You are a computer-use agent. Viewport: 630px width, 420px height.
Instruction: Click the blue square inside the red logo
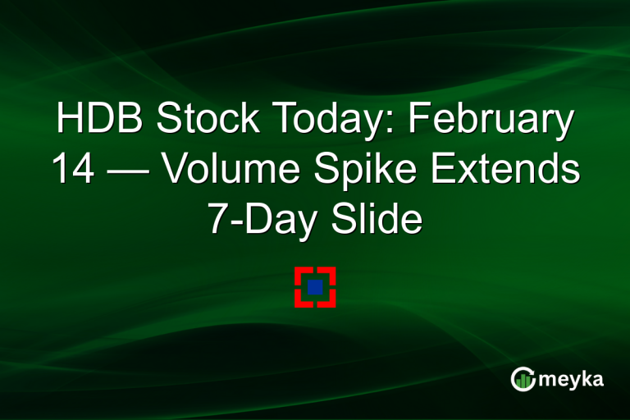point(315,287)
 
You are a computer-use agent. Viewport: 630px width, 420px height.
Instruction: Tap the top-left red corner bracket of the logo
point(301,273)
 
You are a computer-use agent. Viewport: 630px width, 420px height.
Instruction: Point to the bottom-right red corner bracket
point(329,301)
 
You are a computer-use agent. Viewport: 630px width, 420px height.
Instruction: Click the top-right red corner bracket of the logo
point(329,273)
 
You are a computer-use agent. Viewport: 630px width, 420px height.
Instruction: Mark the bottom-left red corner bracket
point(301,301)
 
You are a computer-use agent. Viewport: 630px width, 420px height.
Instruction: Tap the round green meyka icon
point(523,379)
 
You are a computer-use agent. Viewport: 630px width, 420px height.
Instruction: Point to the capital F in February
point(419,121)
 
